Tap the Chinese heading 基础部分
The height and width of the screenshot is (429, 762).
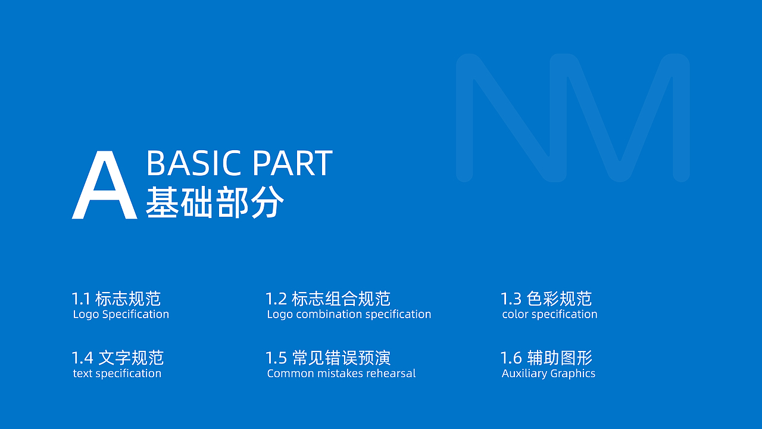click(215, 203)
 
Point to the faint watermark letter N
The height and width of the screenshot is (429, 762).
click(512, 117)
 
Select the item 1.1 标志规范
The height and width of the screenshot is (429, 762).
click(116, 299)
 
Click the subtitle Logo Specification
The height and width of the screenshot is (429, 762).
click(121, 315)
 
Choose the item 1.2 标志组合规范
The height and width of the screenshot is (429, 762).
click(327, 299)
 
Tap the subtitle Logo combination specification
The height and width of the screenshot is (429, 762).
click(349, 315)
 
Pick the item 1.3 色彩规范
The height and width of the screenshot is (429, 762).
click(546, 299)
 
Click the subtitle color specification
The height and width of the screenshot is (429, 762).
click(549, 315)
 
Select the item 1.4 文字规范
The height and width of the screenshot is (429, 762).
click(117, 358)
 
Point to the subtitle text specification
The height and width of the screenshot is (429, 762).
click(117, 374)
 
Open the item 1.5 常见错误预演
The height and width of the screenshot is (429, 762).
click(327, 358)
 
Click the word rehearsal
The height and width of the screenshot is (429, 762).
click(391, 374)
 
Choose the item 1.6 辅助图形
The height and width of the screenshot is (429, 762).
click(546, 358)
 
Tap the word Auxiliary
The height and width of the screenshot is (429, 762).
click(524, 374)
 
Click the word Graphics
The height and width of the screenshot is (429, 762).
click(573, 374)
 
